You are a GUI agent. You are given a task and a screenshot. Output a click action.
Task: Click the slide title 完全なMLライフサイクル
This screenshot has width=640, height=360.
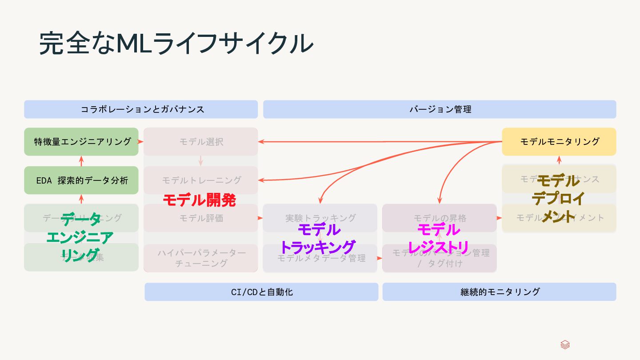pyautogui.click(x=176, y=43)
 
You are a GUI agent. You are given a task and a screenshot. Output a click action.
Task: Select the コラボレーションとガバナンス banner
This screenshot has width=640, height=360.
pyautogui.click(x=141, y=109)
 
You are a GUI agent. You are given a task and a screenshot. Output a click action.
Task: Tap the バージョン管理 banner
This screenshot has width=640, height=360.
pyautogui.click(x=440, y=109)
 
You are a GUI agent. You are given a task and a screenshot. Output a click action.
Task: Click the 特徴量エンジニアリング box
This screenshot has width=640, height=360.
pyautogui.click(x=81, y=142)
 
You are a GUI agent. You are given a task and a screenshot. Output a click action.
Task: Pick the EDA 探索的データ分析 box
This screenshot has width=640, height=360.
pyautogui.click(x=81, y=180)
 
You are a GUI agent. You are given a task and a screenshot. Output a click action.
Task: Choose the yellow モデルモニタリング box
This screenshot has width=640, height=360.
pyautogui.click(x=559, y=142)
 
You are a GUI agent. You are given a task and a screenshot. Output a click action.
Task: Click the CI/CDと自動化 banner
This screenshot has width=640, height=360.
pyautogui.click(x=261, y=292)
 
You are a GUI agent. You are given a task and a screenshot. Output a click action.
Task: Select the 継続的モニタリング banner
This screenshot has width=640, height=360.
pyautogui.click(x=499, y=292)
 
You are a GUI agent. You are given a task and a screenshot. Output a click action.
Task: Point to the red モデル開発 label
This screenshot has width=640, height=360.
pyautogui.click(x=199, y=200)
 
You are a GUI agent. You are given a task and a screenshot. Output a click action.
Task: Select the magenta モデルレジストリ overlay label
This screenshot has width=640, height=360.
pyautogui.click(x=439, y=239)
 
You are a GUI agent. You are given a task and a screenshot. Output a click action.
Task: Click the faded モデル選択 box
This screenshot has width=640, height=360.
pyautogui.click(x=201, y=142)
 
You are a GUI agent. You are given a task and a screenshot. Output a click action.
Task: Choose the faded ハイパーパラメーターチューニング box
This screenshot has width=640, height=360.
pyautogui.click(x=201, y=258)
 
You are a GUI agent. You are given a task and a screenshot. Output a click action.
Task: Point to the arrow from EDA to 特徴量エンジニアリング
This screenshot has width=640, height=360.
pyautogui.click(x=81, y=161)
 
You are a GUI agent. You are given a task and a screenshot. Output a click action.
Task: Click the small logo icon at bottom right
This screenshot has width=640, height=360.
pyautogui.click(x=565, y=345)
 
